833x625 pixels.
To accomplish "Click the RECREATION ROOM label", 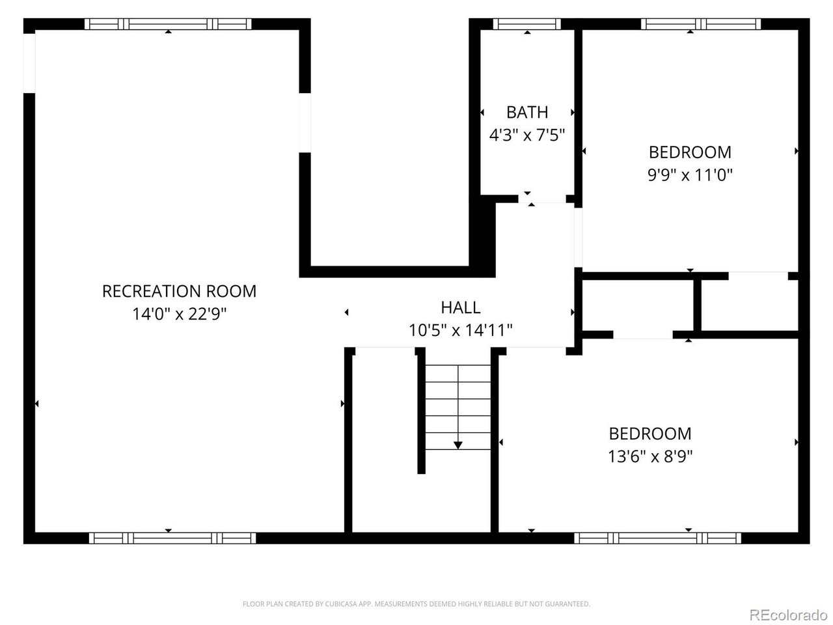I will coord(179,291).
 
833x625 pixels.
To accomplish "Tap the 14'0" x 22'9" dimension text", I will coord(179,314).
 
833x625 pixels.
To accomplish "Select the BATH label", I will coord(527,112).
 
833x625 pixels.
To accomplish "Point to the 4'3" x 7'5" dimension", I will coord(527,135).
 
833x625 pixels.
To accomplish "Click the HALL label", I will coord(460,307).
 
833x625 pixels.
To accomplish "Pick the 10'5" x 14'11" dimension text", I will coord(460,330).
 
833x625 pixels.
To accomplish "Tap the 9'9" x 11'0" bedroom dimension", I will coord(690,175).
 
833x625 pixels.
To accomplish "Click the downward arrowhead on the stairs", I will coord(458,445).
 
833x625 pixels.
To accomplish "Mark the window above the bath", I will coord(527,24).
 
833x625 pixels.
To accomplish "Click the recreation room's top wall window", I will coord(168,24).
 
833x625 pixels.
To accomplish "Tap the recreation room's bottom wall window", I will coord(172,538).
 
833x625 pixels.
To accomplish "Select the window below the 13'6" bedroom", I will coord(657,538).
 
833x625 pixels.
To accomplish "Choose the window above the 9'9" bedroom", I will coord(700,24).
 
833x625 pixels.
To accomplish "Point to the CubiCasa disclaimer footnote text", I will coord(416,604).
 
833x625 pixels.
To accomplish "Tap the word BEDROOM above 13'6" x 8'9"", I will coord(650,434).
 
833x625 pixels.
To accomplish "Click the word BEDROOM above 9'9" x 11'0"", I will coord(690,152).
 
